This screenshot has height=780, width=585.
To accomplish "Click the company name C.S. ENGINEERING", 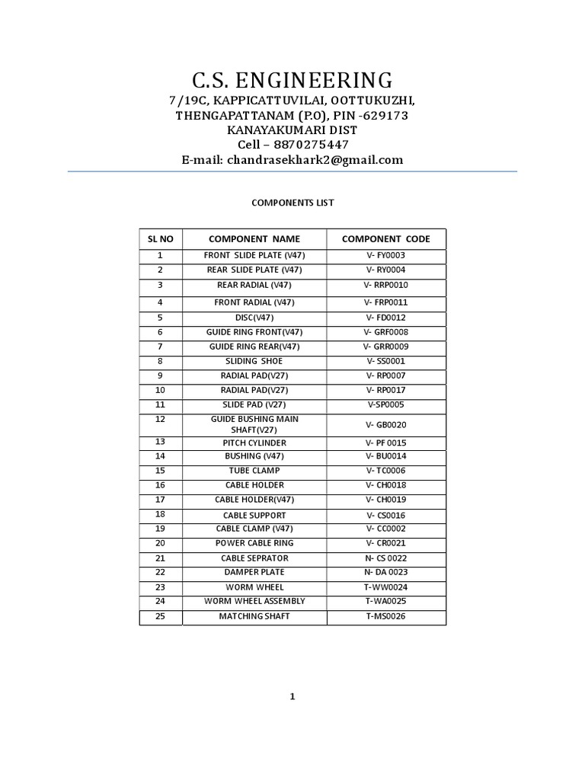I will pos(292,79).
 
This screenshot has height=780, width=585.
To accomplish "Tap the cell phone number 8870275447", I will pos(314,145).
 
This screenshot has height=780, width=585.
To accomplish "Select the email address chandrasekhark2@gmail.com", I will pos(314,160).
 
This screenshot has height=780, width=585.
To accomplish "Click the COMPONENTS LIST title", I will pos(292,203).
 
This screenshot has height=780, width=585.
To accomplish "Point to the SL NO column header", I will pos(161,238).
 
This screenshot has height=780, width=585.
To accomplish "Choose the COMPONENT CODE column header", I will pos(385,238).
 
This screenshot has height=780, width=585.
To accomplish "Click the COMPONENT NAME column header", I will pos(254,238).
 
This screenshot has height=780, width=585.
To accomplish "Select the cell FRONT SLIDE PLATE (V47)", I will pos(254,256).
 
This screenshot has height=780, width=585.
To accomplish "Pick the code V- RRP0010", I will pos(386,285).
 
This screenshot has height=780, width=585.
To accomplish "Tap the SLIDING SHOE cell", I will pos(254,361).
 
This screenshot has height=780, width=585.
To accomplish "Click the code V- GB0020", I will pos(386,425).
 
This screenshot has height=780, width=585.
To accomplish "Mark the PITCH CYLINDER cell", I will pos(254,443).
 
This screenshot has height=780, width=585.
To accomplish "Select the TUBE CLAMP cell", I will pos(254,471).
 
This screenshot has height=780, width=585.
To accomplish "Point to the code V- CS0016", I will pos(386,516).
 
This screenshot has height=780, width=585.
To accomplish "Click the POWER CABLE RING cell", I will pos(254,543).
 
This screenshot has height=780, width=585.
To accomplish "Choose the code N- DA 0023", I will pos(386,572).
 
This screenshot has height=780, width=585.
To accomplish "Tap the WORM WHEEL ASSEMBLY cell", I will pos(254,601).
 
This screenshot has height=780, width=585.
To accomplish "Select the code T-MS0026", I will pos(386,616).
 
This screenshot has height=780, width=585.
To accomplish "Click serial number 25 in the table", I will pos(160,615).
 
